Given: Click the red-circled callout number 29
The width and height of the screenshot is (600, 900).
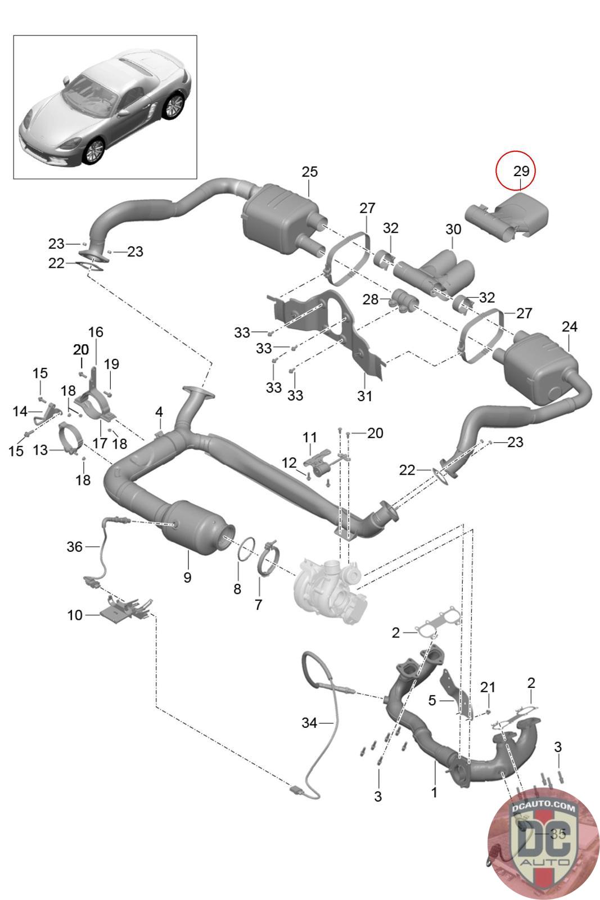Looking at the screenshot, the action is click(521, 171).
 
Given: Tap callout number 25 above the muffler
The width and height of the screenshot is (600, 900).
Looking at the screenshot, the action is click(310, 172).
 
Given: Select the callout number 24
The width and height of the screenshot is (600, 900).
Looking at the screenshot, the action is click(570, 327).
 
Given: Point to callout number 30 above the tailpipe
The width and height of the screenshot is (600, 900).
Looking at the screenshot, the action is click(453, 229).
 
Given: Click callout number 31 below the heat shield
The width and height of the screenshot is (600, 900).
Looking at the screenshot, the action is click(364, 396).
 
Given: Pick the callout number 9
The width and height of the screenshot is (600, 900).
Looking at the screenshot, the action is click(188, 577).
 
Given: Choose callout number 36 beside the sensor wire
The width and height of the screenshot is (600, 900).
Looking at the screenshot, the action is click(74, 546).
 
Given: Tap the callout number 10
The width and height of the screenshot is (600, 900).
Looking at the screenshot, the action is click(75, 615).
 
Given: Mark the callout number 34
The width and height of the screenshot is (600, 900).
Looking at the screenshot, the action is click(309, 723).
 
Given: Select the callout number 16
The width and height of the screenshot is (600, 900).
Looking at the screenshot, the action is click(96, 332).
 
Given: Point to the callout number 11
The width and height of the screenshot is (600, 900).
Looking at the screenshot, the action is click(310, 437).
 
